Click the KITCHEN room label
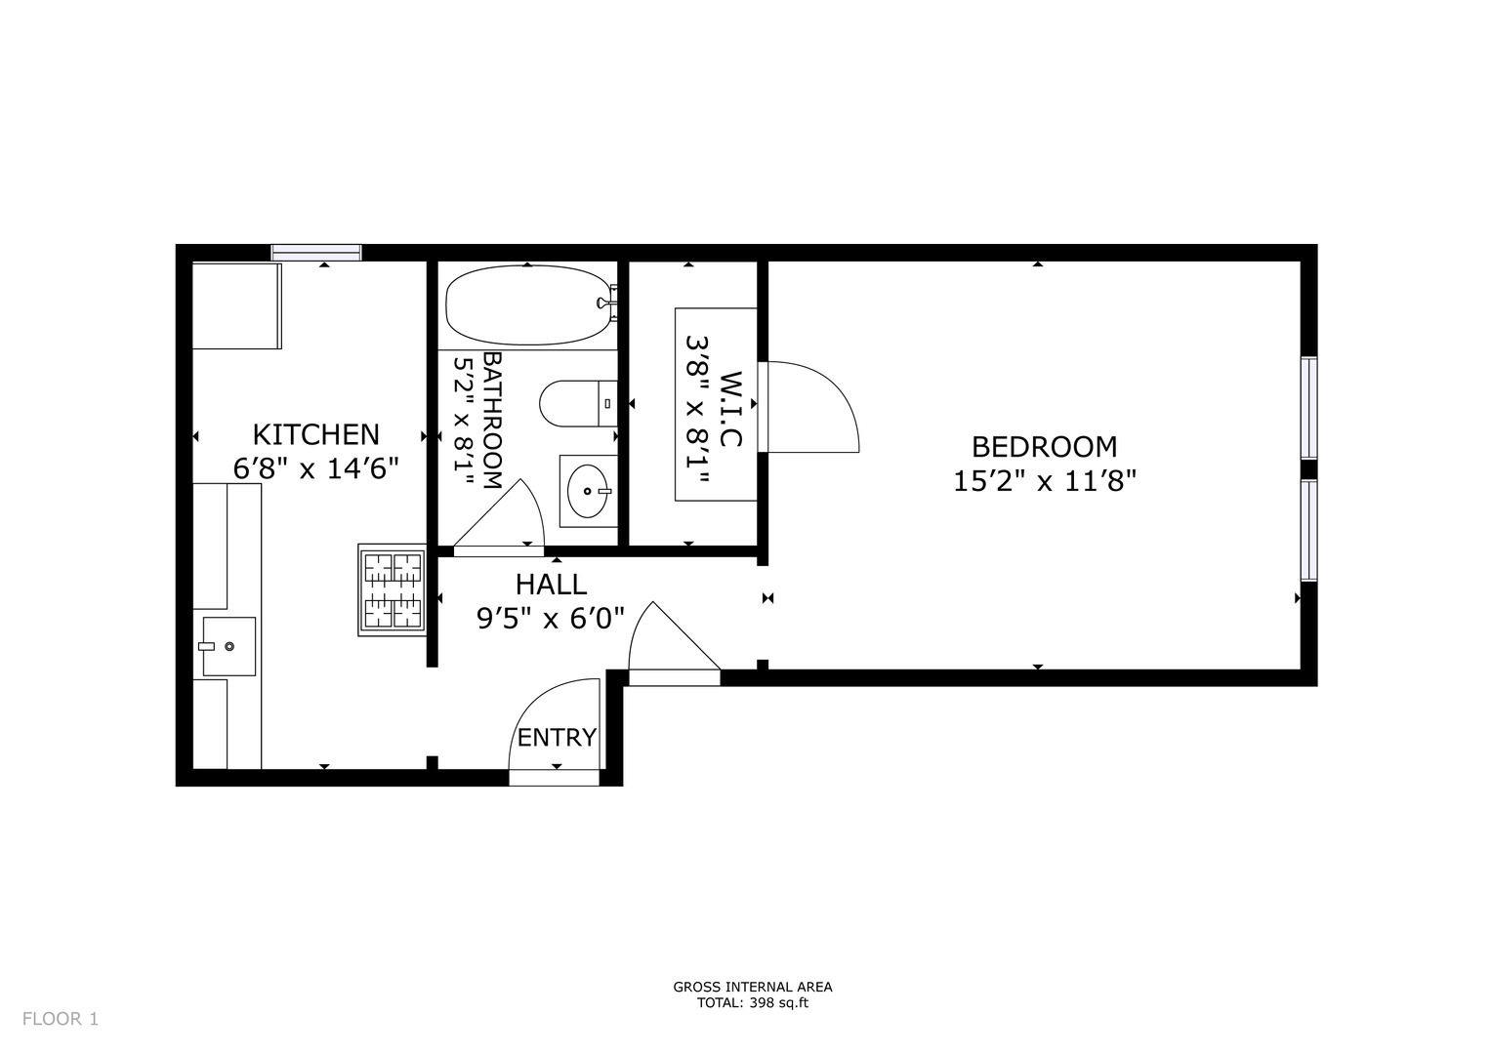[x=316, y=434]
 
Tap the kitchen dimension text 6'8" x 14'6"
[x=316, y=468]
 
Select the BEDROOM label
[x=1045, y=447]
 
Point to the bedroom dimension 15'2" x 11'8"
[x=1045, y=480]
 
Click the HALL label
[x=551, y=585]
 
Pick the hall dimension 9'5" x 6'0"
[x=551, y=619]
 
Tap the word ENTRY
[x=557, y=737]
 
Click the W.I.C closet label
[x=730, y=409]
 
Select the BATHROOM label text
[x=491, y=421]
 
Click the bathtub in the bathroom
[x=528, y=305]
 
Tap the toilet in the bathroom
[x=578, y=403]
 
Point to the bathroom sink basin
[x=588, y=491]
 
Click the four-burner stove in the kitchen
[x=393, y=590]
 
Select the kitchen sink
[x=229, y=646]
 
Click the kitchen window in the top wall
[x=316, y=253]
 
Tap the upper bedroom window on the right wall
[x=1308, y=408]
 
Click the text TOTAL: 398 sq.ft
[x=752, y=1022]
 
